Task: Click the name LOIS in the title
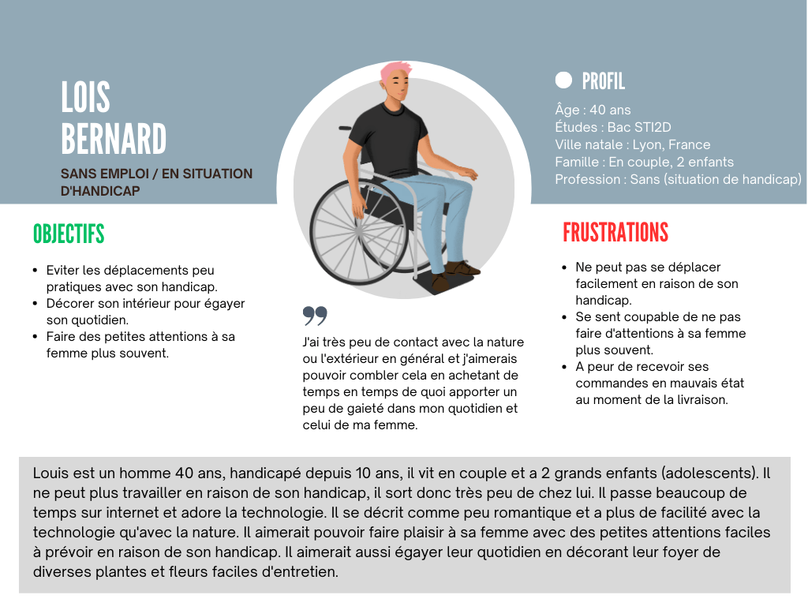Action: click(85, 97)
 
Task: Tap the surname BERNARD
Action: click(114, 140)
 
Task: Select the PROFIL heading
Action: click(603, 80)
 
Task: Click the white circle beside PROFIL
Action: click(563, 80)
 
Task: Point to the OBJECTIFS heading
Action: click(69, 234)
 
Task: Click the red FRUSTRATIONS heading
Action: click(615, 232)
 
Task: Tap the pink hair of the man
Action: click(395, 71)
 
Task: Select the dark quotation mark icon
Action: click(315, 316)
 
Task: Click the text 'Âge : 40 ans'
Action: click(593, 110)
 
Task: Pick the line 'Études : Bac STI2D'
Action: click(613, 128)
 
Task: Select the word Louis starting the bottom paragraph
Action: click(50, 473)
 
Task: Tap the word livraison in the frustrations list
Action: click(699, 399)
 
